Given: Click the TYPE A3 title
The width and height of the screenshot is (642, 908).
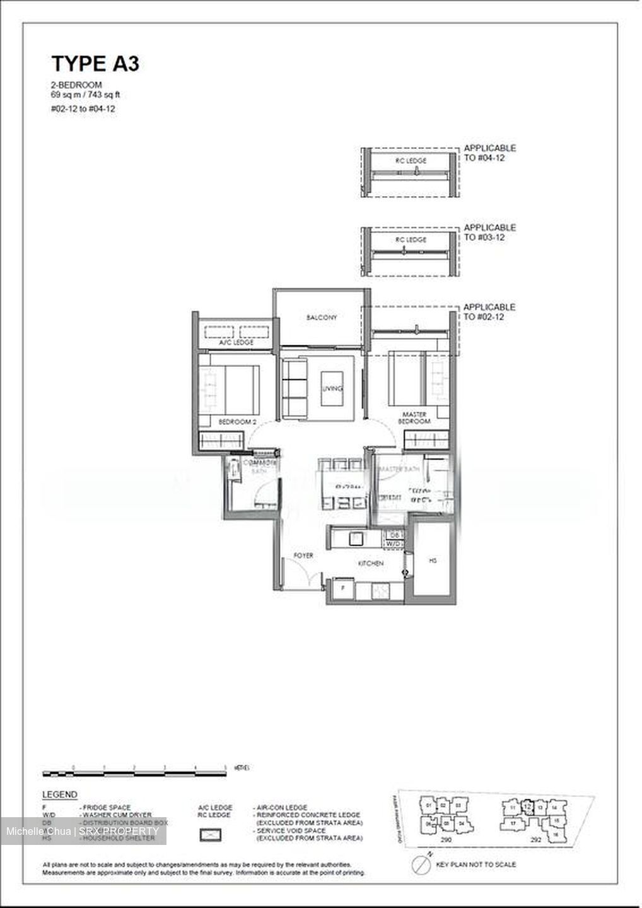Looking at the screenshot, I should (95, 64).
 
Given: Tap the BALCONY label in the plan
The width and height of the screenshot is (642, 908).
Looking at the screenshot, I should (322, 318).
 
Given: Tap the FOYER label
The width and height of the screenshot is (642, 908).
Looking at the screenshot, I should (303, 556).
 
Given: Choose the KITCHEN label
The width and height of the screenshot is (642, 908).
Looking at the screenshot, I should (371, 563).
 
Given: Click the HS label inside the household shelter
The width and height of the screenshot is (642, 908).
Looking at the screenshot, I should (433, 561).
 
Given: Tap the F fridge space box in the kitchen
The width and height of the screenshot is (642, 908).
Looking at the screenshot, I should (342, 588).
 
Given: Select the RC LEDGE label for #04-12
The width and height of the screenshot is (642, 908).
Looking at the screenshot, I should (411, 161).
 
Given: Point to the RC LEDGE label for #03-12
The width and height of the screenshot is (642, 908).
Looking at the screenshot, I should (411, 240).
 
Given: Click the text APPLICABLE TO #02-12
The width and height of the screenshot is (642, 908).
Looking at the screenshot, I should (489, 311).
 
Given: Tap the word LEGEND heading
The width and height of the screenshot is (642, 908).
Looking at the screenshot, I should (59, 794).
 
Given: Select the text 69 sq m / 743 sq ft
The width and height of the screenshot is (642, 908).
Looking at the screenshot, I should (86, 95).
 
